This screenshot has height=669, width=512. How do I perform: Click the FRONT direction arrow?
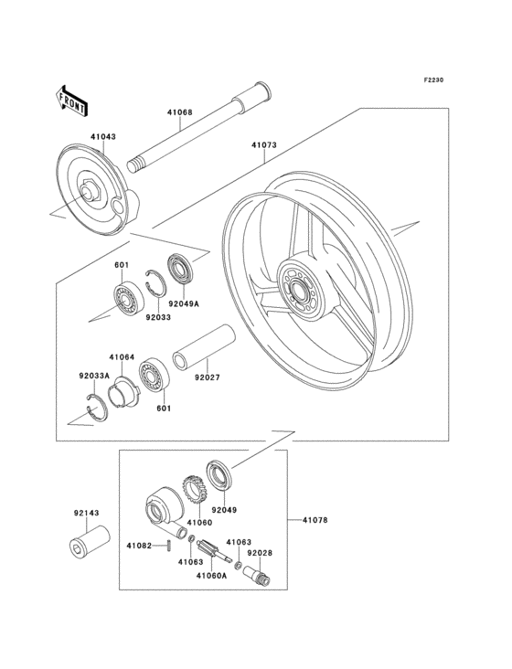[71, 101]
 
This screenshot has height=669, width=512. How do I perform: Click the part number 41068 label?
[179, 112]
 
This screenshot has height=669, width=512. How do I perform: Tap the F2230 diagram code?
[433, 80]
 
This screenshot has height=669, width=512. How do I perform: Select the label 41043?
[102, 137]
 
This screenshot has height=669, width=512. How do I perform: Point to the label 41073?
[263, 145]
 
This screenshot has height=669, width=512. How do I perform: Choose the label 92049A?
[184, 303]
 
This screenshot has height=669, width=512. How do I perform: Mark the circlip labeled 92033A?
[96, 409]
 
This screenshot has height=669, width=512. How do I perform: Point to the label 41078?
[315, 520]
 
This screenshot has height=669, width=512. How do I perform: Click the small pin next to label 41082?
[168, 546]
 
